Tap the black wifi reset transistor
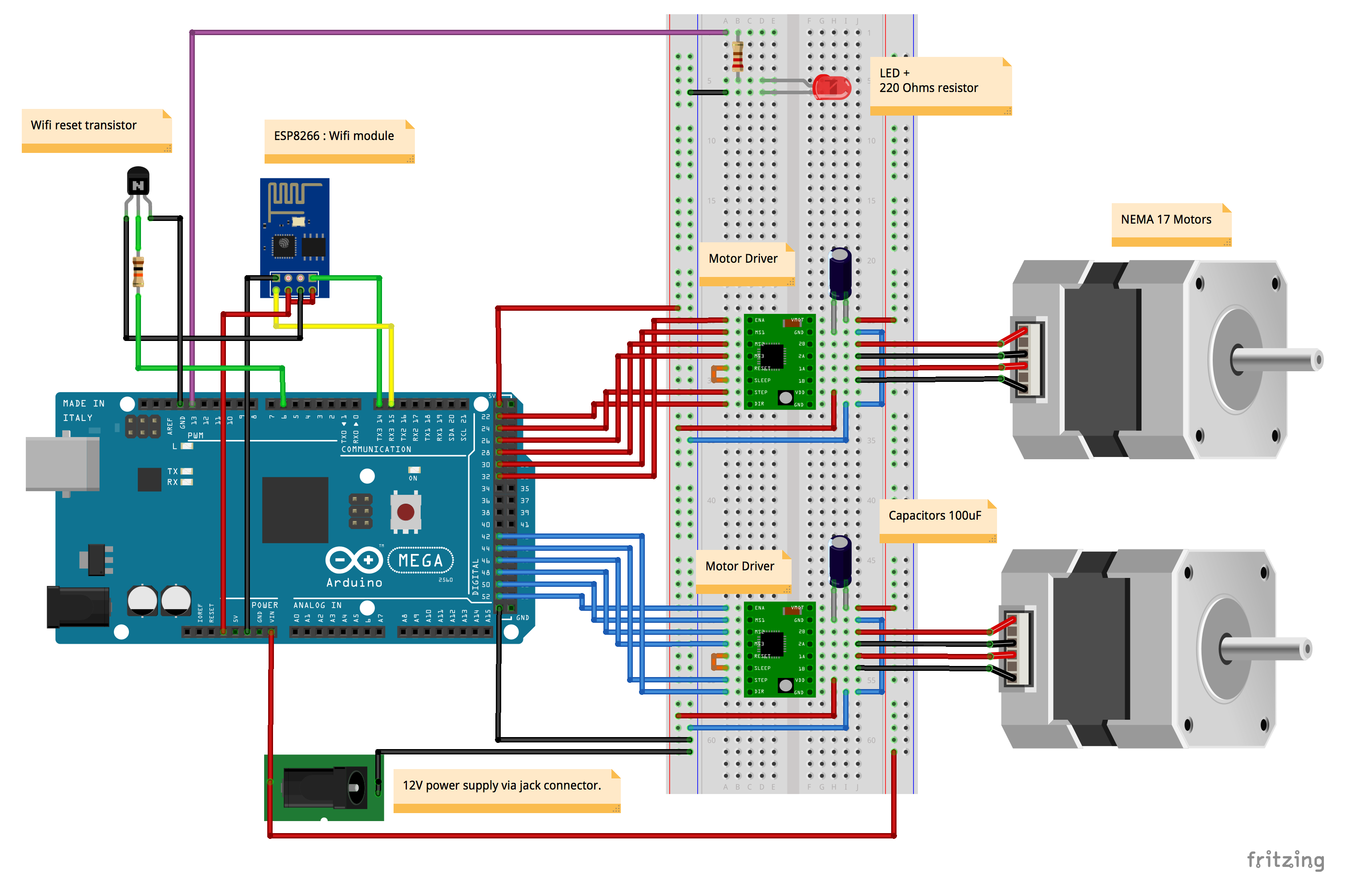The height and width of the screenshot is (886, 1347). [137, 181]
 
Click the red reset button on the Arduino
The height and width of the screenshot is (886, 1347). [405, 512]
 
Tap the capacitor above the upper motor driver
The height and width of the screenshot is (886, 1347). [840, 272]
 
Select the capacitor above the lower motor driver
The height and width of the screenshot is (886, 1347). [840, 560]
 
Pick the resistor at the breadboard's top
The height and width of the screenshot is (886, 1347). [737, 56]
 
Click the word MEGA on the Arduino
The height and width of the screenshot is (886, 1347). [421, 561]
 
